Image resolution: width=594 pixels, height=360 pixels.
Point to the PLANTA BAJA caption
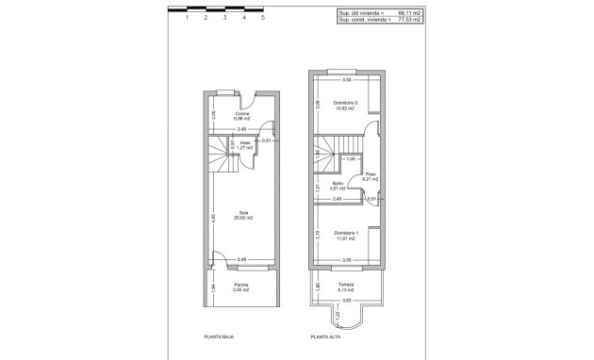pos(219,335)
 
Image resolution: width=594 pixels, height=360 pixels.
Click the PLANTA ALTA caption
pos(325,335)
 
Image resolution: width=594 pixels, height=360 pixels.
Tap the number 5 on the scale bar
pos(263,17)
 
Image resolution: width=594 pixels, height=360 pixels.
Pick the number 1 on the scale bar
pos(188,17)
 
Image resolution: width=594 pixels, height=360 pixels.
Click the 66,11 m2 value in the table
pos(412,12)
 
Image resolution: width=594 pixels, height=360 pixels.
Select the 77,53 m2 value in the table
pos(412,19)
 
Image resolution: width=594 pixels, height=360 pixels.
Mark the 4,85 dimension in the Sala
pos(213,218)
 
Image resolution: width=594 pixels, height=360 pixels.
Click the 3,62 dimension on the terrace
pos(346,301)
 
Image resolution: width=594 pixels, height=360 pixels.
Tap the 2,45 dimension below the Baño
pos(337,199)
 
